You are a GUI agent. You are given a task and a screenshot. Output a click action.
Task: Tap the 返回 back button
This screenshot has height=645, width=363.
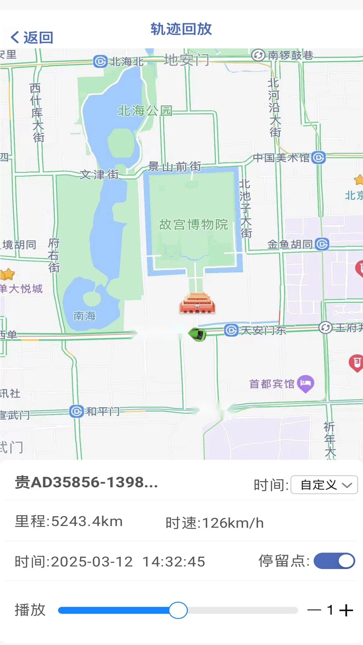32,37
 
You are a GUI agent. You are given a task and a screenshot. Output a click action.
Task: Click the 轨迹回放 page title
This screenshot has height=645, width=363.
181,29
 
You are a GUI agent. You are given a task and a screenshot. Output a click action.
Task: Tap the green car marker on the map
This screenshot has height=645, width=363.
198,335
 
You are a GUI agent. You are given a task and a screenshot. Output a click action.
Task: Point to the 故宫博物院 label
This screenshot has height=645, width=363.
193,224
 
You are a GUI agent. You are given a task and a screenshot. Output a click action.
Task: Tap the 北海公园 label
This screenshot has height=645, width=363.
145,110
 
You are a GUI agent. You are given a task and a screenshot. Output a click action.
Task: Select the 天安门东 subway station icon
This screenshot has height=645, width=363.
231,330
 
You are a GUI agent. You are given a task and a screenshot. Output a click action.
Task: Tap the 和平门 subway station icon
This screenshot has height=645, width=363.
77,411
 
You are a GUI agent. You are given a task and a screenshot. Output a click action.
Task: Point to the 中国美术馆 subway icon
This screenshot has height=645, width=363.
318,157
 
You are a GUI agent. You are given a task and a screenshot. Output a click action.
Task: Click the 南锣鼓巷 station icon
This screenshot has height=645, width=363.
258,55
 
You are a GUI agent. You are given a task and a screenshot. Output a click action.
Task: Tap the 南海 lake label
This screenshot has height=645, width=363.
84,316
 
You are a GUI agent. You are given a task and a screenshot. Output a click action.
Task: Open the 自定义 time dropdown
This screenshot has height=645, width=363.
324,485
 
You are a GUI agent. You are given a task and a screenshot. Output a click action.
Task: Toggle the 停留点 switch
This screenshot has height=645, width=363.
334,561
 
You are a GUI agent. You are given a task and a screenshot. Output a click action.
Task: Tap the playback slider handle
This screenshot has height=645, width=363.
178,610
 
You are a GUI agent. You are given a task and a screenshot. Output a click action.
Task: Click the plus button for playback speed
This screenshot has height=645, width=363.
346,610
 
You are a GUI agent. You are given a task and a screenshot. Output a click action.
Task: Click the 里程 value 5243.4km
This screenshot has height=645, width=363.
87,521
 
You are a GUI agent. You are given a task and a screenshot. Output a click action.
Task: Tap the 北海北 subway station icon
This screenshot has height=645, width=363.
100,61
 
